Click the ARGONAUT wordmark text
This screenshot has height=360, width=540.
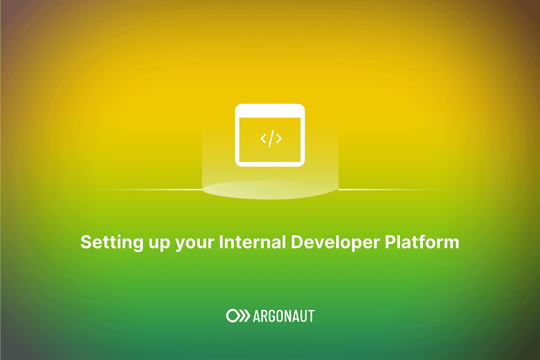click(x=283, y=316)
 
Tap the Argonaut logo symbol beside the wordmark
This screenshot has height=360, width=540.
click(x=237, y=316)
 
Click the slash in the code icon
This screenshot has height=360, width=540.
click(x=271, y=139)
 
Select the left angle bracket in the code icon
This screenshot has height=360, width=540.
click(x=263, y=139)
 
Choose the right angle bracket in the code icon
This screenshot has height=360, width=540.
click(x=279, y=139)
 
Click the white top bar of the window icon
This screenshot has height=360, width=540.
click(x=270, y=111)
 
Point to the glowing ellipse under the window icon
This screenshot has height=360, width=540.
click(x=270, y=189)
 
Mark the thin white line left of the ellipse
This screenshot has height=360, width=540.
click(x=148, y=189)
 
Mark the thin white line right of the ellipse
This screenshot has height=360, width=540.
click(x=391, y=189)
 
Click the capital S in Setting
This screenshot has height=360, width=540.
click(x=86, y=242)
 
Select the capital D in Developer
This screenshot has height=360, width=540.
click(x=297, y=242)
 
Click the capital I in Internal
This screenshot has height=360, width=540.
click(x=221, y=242)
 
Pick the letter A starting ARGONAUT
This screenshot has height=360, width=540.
click(x=257, y=316)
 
